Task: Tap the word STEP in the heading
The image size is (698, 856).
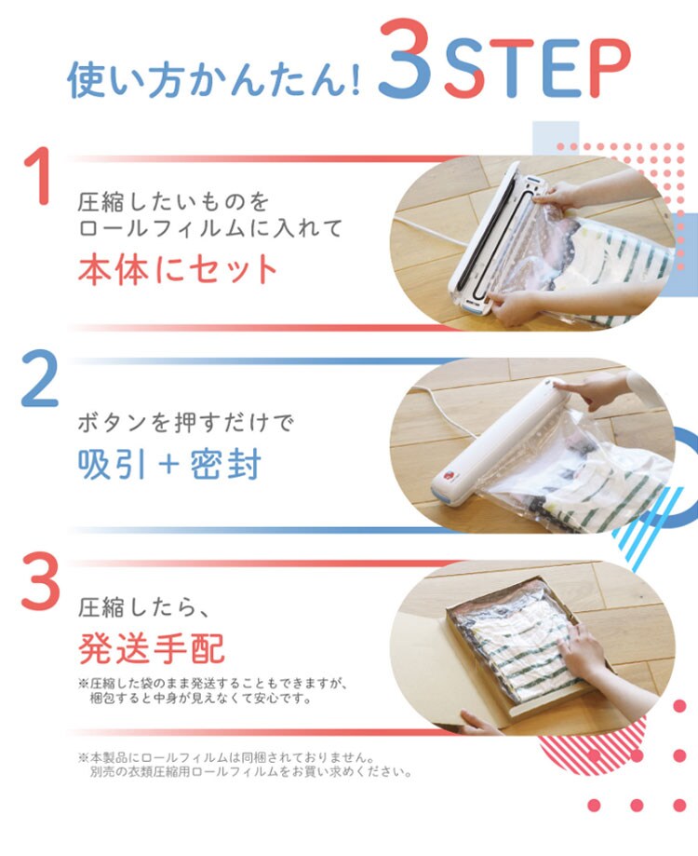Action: (x=537, y=69)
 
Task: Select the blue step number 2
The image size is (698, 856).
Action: (x=39, y=379)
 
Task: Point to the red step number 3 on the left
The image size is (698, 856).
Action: (x=40, y=581)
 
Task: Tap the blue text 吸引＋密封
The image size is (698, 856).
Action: (x=169, y=464)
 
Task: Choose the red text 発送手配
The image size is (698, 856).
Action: (x=152, y=648)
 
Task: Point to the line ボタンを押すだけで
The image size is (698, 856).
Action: (x=185, y=423)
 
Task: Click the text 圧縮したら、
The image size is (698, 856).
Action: (x=143, y=607)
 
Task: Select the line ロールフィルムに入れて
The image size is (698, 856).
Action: (x=210, y=227)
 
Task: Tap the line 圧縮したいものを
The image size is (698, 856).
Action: (x=173, y=202)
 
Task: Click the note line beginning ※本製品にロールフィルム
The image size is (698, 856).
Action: (x=227, y=757)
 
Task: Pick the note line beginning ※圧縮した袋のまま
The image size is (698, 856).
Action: (x=213, y=683)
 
